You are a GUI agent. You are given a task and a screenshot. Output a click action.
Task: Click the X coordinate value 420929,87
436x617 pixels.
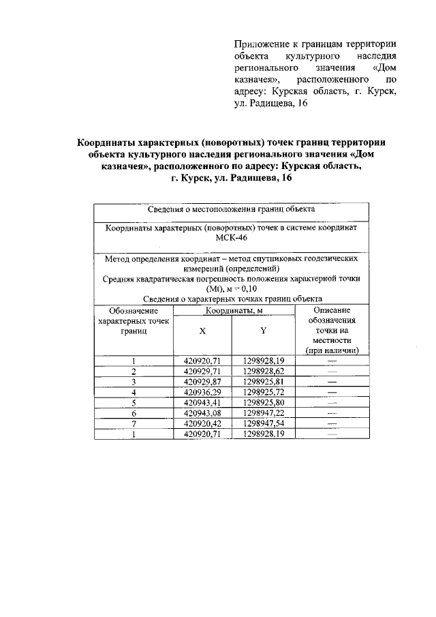202,382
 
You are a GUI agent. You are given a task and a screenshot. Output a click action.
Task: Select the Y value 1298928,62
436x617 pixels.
263,372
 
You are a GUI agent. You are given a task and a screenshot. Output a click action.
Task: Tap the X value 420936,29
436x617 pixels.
202,392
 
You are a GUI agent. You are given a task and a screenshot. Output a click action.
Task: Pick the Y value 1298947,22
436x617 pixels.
263,413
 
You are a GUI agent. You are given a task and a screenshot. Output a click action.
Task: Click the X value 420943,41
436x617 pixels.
202,403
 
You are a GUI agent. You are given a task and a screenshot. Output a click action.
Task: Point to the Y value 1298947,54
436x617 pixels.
263,423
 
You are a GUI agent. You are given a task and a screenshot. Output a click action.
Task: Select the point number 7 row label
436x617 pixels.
134,423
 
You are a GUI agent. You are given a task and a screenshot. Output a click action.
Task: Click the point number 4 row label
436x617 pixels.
134,392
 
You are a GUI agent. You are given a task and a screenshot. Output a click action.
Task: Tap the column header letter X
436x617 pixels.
202,331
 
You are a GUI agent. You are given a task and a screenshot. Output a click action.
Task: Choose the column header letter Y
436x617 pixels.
263,331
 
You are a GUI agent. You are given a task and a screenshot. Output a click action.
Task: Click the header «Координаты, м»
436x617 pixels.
232,311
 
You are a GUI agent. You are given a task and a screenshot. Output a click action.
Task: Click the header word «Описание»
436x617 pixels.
332,310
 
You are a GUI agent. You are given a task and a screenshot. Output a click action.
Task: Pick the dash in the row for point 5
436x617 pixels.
332,403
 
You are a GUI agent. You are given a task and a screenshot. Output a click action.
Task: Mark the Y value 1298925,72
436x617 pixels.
263,392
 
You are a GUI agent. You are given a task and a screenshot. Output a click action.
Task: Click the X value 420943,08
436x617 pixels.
202,413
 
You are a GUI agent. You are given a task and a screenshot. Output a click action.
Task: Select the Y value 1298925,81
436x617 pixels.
263,382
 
